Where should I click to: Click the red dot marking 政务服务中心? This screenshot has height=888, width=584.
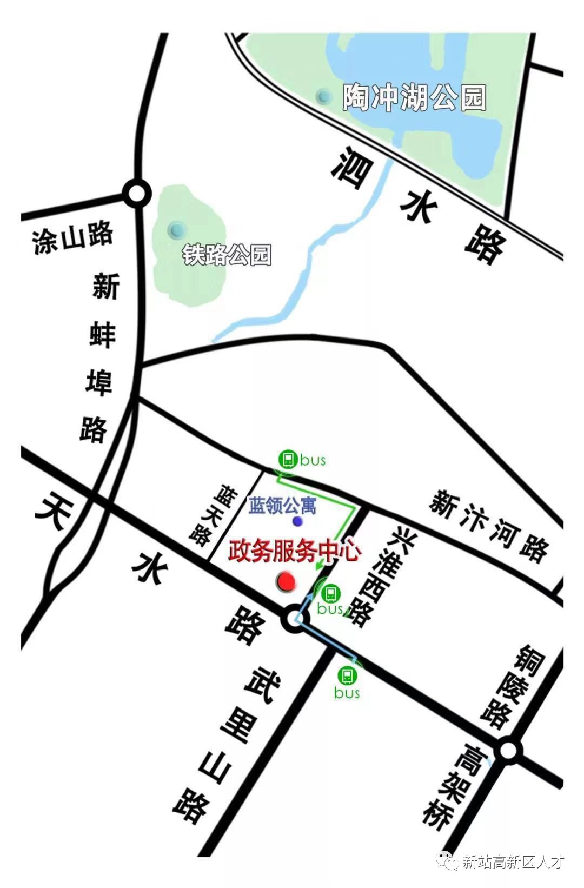(x=286, y=582)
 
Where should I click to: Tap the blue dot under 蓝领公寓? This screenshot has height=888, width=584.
(x=297, y=521)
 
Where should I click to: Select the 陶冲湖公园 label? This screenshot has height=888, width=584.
(x=414, y=98)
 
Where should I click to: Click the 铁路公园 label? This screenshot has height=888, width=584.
(x=227, y=255)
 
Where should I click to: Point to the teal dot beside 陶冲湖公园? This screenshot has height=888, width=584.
(x=324, y=96)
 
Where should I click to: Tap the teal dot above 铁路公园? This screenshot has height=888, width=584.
(x=175, y=229)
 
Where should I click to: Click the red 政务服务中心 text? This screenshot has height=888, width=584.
(x=295, y=551)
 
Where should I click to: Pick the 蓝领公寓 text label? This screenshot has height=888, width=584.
(x=282, y=506)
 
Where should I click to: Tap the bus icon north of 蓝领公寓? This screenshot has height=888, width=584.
(x=288, y=459)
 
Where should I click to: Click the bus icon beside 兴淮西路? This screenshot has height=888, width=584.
(x=330, y=594)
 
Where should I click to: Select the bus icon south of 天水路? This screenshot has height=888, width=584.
(x=347, y=675)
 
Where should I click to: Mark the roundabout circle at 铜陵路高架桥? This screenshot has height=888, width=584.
(x=508, y=751)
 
